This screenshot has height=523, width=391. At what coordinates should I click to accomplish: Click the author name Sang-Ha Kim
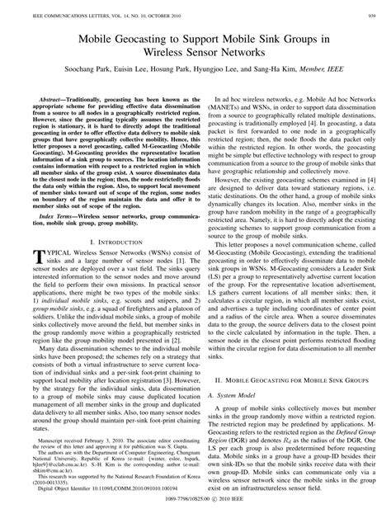click(x=291, y=74)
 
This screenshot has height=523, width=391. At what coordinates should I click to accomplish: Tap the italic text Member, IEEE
click(x=337, y=74)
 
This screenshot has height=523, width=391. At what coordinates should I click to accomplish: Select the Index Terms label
click(x=45, y=214)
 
